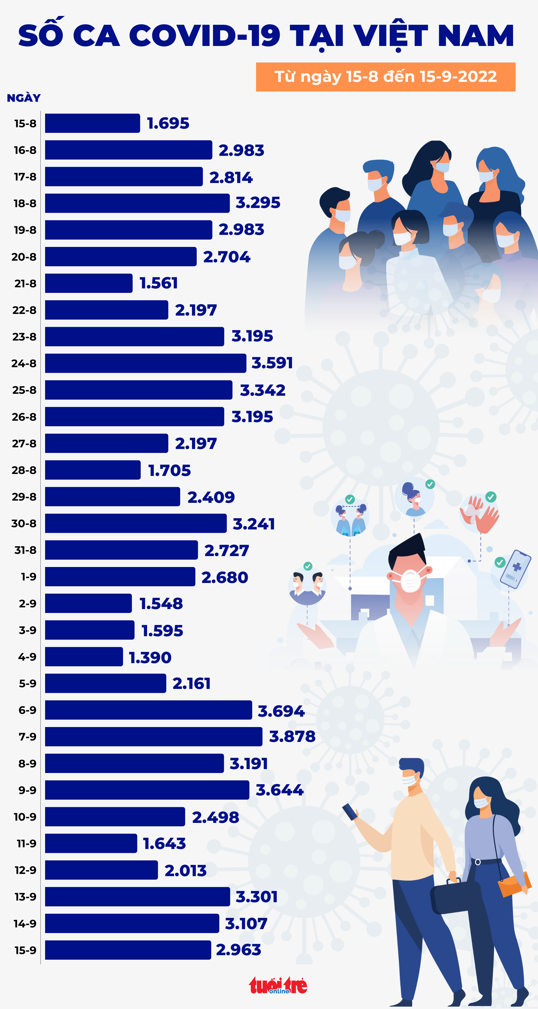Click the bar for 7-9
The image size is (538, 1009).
point(154,736)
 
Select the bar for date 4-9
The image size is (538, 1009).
point(84,656)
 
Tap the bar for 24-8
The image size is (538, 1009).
point(146,363)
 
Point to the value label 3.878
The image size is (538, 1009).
point(292,736)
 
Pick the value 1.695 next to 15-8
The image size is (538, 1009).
point(168,123)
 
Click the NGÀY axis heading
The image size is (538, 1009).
point(24,98)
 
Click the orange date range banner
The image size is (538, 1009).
point(386,77)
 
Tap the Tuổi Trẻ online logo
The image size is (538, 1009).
point(278,985)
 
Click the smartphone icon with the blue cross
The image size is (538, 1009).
point(516,569)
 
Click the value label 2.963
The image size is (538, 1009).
point(238,950)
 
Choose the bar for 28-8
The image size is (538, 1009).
point(93,470)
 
